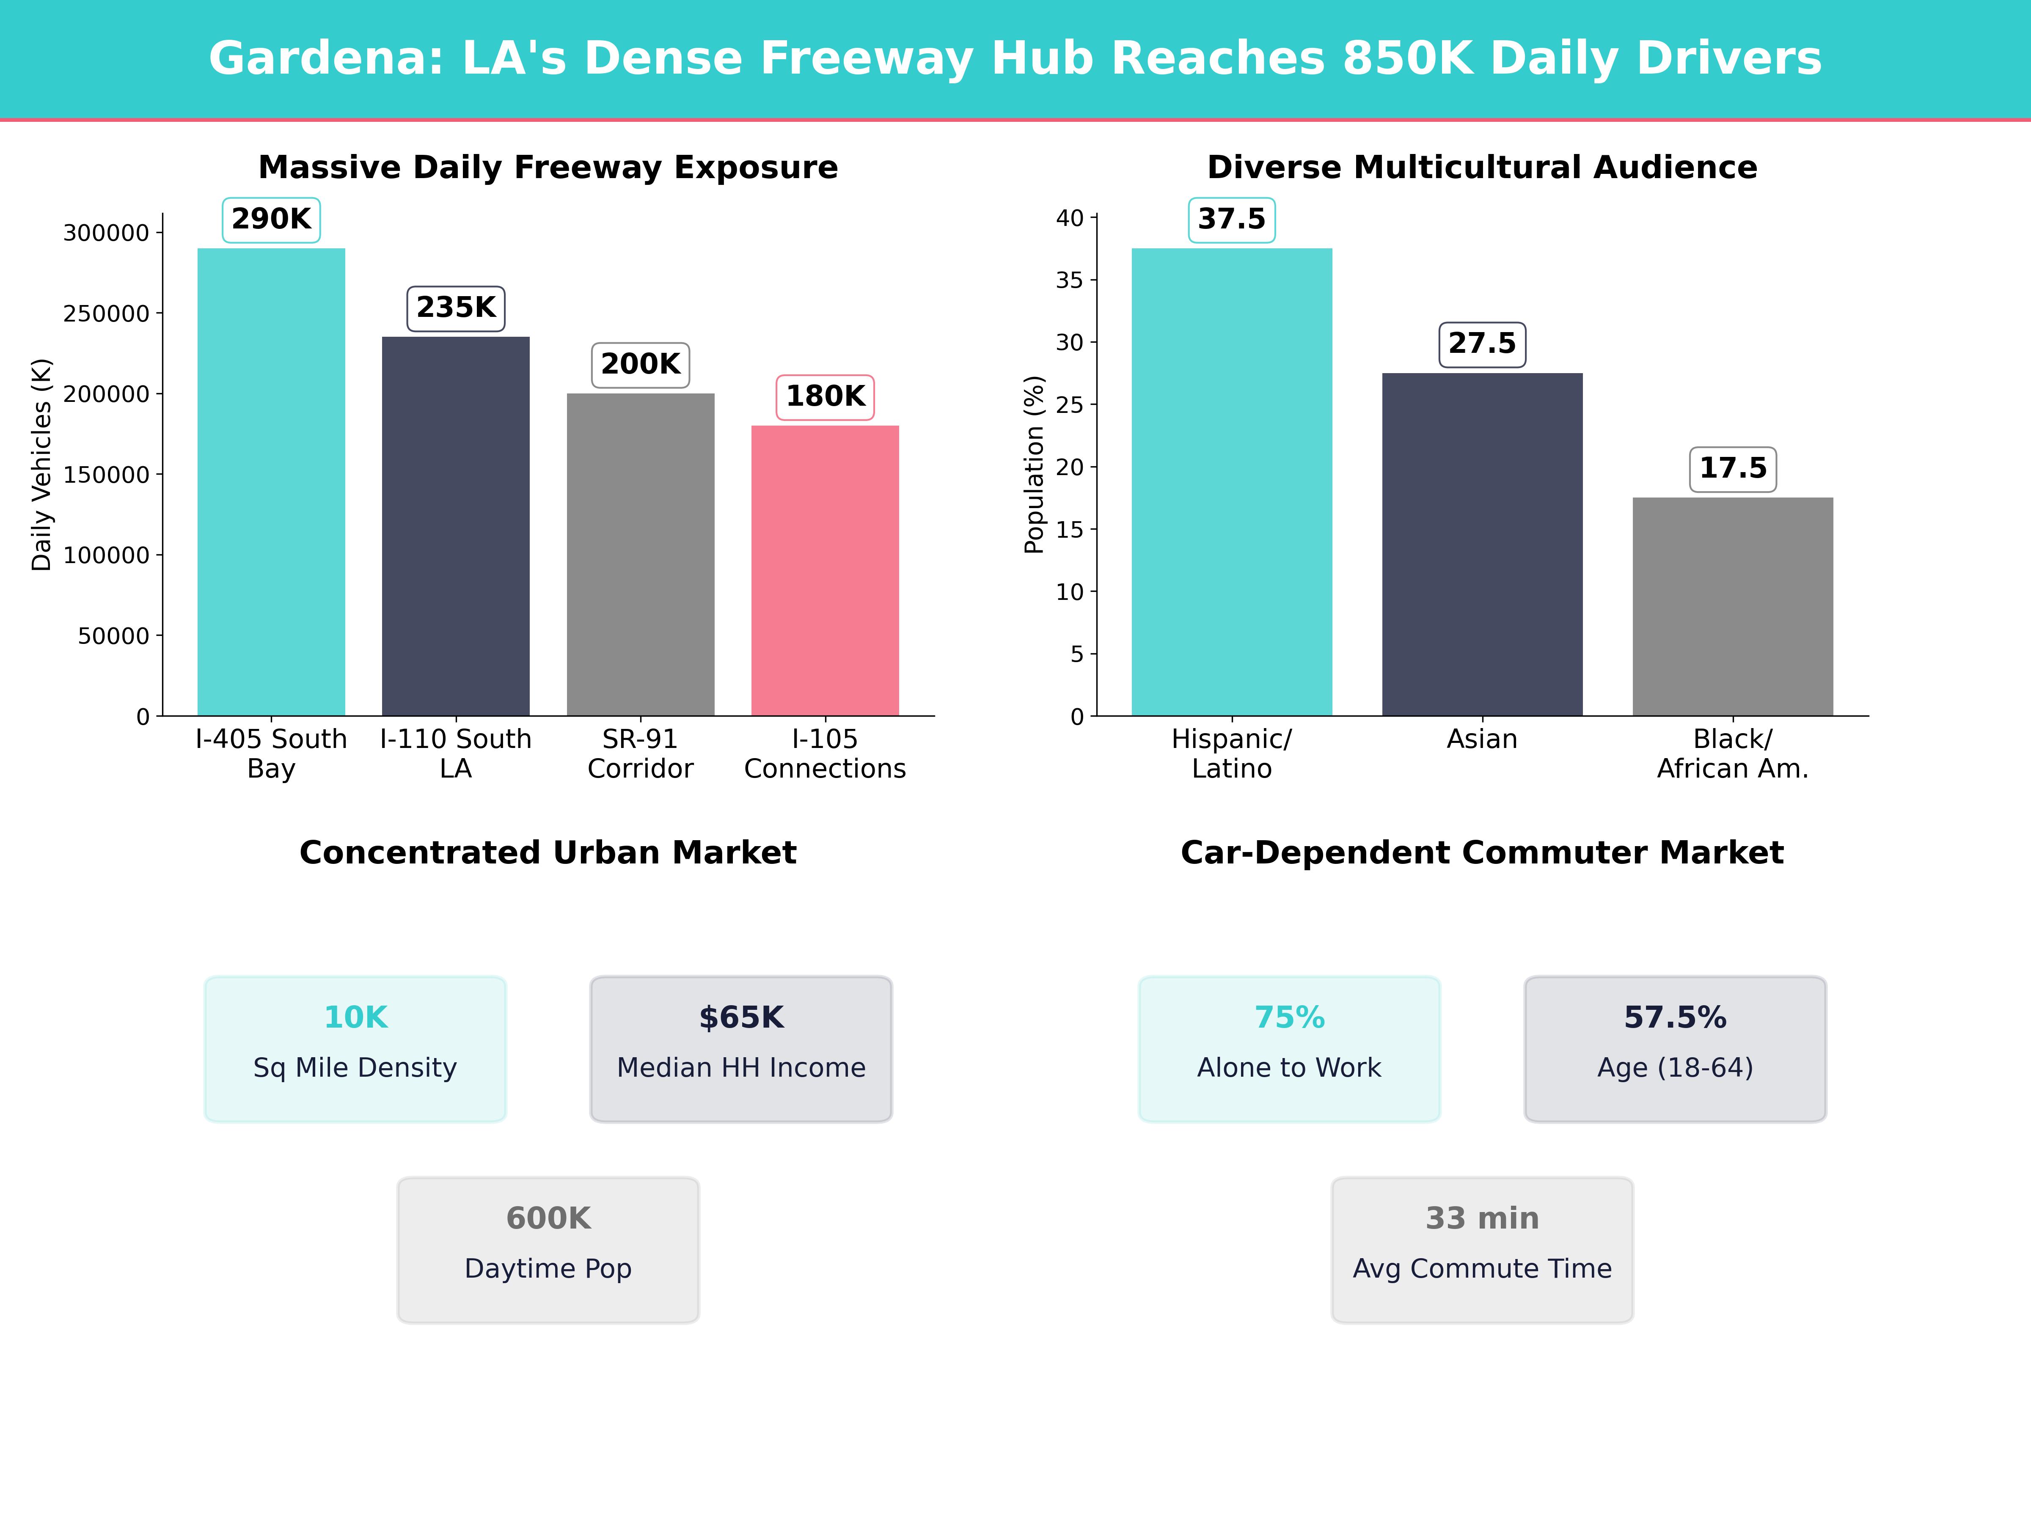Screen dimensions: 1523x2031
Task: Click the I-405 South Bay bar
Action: point(271,482)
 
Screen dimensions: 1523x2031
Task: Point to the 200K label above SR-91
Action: point(640,364)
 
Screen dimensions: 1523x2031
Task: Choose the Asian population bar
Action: point(1482,544)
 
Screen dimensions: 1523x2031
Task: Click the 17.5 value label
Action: point(1733,468)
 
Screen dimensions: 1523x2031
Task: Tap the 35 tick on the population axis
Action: point(1070,280)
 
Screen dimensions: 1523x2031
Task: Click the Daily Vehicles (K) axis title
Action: point(41,465)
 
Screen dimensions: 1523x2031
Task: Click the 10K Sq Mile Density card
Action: point(355,1048)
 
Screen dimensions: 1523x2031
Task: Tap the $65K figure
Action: point(741,1017)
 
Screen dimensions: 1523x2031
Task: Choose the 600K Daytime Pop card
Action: point(548,1249)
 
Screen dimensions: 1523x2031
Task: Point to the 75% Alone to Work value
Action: point(1289,1017)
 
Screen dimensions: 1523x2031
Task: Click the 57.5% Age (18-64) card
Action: point(1675,1048)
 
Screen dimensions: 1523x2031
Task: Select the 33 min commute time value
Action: point(1482,1218)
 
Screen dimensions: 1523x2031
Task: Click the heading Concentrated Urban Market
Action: point(548,853)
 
